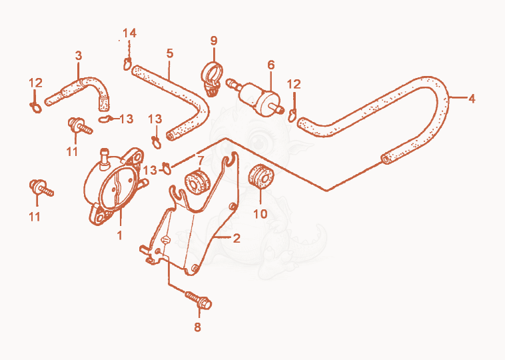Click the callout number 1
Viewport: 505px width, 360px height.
click(x=119, y=235)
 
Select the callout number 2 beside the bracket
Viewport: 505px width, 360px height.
click(x=237, y=239)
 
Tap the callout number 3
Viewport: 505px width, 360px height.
click(x=79, y=56)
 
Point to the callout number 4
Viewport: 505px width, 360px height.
click(x=472, y=99)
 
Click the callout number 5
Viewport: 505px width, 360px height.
click(x=170, y=53)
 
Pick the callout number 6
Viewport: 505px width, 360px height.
click(x=271, y=65)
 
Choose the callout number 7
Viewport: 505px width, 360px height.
click(x=201, y=160)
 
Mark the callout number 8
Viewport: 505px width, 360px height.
click(x=197, y=327)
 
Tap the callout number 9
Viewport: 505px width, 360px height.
click(x=214, y=41)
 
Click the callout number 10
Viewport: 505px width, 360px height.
click(x=260, y=214)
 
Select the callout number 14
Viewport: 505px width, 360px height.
click(x=129, y=33)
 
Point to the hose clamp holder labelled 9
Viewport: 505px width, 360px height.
click(x=211, y=78)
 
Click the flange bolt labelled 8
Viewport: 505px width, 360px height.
click(x=199, y=300)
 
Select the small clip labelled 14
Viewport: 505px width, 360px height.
click(x=127, y=64)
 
